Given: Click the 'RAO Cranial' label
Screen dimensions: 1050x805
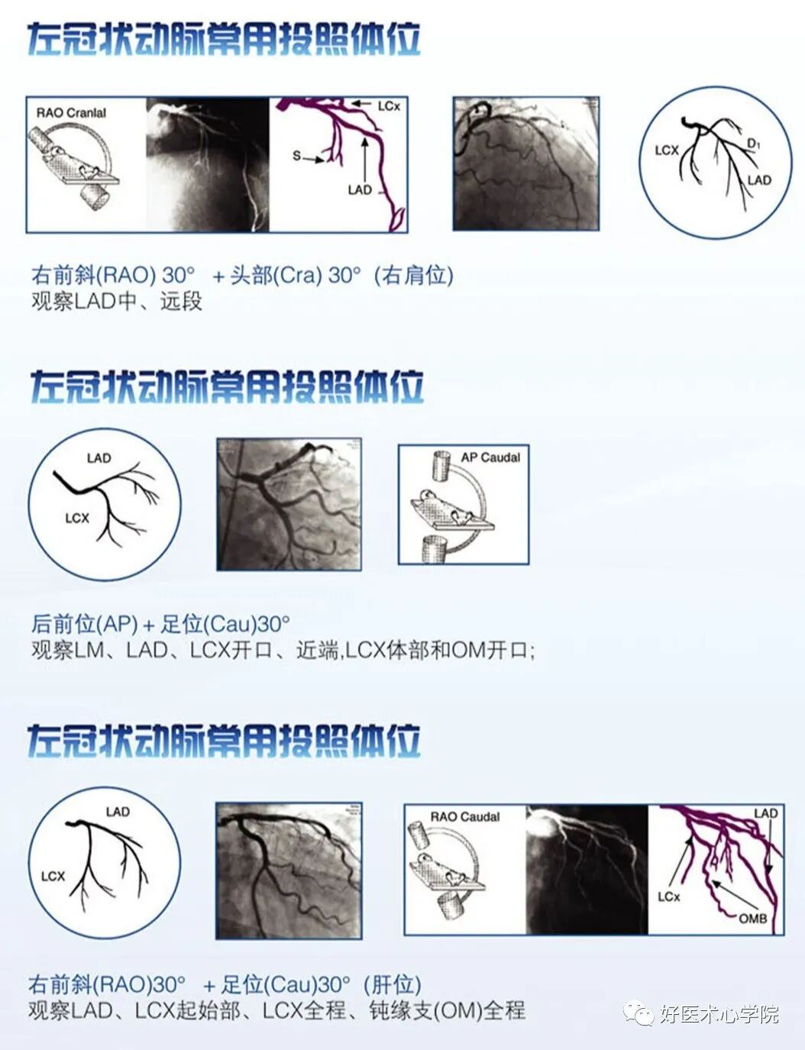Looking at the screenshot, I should click(x=71, y=112).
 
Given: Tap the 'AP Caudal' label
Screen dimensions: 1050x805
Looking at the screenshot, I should click(x=490, y=457).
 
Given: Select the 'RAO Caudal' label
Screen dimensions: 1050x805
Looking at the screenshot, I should click(x=464, y=816).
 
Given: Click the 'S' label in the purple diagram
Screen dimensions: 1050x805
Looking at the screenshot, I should click(x=296, y=156).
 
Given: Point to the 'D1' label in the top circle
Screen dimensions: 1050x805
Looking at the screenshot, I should click(x=753, y=144).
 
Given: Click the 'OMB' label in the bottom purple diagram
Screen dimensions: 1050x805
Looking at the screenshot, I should click(x=752, y=918).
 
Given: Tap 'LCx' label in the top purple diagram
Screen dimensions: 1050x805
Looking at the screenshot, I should click(x=389, y=106).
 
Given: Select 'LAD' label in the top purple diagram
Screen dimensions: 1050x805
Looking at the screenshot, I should click(x=359, y=189).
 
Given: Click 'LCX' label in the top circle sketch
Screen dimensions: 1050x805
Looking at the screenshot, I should click(x=667, y=150).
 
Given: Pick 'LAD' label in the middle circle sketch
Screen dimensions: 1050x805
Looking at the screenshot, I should click(x=99, y=458).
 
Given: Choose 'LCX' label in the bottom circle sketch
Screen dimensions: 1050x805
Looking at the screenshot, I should click(x=53, y=876).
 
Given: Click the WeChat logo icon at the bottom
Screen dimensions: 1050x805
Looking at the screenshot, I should click(x=638, y=1014).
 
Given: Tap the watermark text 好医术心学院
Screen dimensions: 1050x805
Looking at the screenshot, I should click(x=719, y=1014).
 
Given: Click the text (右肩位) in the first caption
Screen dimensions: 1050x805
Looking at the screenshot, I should click(x=413, y=275).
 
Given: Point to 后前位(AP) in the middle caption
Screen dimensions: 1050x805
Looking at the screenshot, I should click(x=84, y=624).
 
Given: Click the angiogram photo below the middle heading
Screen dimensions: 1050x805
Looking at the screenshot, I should click(x=289, y=504).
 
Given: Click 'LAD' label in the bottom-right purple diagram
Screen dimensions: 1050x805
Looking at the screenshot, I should click(x=765, y=813).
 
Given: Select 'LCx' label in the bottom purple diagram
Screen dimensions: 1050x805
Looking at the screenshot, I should click(x=668, y=896).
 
